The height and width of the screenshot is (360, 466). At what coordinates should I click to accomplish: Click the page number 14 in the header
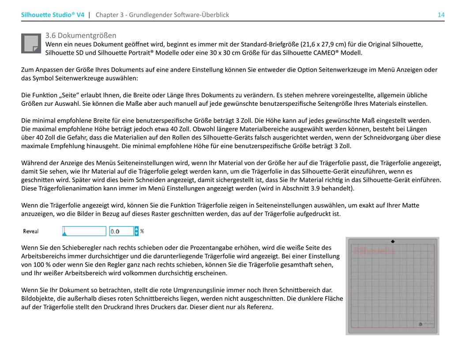click(441, 15)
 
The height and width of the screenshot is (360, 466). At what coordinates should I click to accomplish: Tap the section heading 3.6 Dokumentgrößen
click(81, 35)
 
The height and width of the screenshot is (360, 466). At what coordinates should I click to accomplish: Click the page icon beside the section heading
click(31, 43)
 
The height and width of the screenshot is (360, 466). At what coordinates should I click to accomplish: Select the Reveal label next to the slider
click(31, 231)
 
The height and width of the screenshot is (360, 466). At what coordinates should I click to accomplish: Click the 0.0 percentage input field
click(121, 231)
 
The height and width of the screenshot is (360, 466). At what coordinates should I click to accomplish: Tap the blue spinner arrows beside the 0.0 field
click(136, 231)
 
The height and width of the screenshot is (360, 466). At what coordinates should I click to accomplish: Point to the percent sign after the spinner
click(142, 231)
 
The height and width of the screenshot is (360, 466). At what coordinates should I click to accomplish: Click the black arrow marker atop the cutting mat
click(393, 241)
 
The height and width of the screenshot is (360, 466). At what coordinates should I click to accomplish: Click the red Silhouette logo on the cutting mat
click(374, 251)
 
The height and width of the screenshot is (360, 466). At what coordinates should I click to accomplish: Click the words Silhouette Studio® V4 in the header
click(53, 15)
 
